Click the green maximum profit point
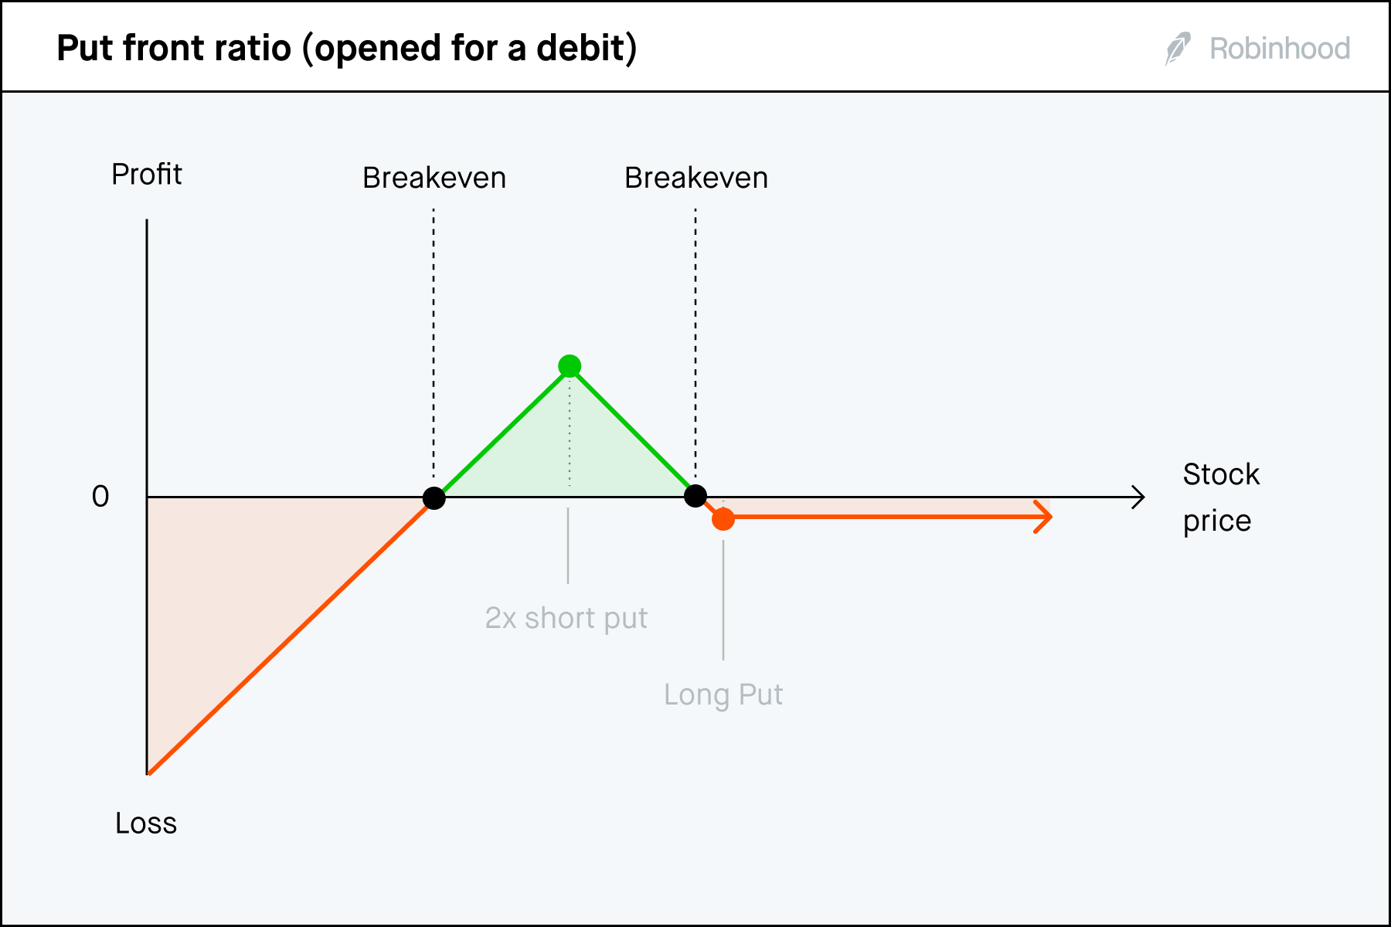coord(570,365)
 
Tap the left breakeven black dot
coord(434,498)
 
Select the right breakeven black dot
coord(695,496)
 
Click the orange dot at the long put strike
coord(723,519)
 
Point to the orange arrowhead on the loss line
coord(1045,517)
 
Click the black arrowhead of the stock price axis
coord(1138,497)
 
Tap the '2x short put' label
coord(566,618)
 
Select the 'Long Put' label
coord(723,694)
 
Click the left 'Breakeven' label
coord(434,178)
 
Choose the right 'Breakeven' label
coord(696,178)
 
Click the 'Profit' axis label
coord(147,175)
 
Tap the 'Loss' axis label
coord(146,823)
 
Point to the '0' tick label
coord(100,496)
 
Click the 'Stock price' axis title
coord(1220,497)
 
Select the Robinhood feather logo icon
coord(1178,49)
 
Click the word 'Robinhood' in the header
coord(1280,49)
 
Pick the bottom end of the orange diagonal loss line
coord(150,772)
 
